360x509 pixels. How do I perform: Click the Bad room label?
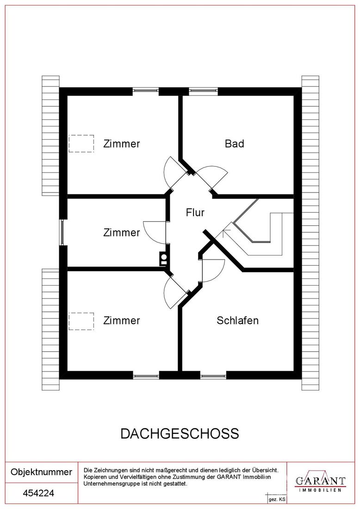pyautogui.click(x=235, y=143)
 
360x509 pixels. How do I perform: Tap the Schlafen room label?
pyautogui.click(x=238, y=320)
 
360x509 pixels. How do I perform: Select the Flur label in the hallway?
pyautogui.click(x=195, y=212)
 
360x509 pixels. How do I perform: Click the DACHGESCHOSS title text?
pyautogui.click(x=180, y=434)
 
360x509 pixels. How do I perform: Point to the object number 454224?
pyautogui.click(x=38, y=493)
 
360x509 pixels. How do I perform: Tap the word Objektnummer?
pyautogui.click(x=42, y=472)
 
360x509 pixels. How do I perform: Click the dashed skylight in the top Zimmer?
pyautogui.click(x=81, y=143)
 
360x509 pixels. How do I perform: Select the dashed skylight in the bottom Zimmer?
pyautogui.click(x=81, y=322)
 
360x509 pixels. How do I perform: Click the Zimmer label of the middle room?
pyautogui.click(x=122, y=232)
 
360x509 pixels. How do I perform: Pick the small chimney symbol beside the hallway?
pyautogui.click(x=164, y=259)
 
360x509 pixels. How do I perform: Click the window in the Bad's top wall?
pyautogui.click(x=203, y=91)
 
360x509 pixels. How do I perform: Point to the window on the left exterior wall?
pyautogui.click(x=63, y=232)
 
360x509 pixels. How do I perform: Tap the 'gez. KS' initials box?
pyautogui.click(x=277, y=499)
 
